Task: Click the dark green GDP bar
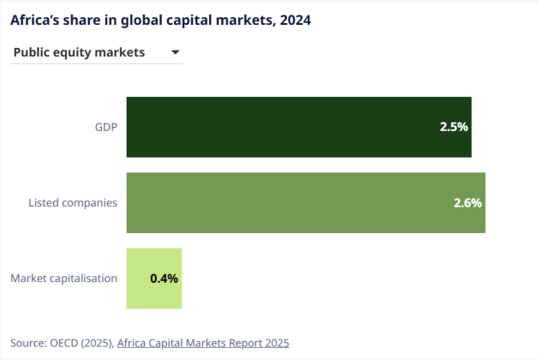coord(298,127)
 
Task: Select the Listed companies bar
coord(306,203)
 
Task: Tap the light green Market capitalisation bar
coord(154,279)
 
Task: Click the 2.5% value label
coord(453,127)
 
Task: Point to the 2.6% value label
coord(468,203)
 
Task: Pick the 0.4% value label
coord(164,279)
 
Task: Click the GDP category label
coord(105,127)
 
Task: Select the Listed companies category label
coord(73,203)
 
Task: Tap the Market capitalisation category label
coord(63,279)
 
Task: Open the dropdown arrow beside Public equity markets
coord(175,53)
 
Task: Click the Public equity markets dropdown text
coord(79,53)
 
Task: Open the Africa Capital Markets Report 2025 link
coord(203,343)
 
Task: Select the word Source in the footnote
coord(29,343)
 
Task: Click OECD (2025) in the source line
coord(83,343)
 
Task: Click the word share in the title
coord(88,19)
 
